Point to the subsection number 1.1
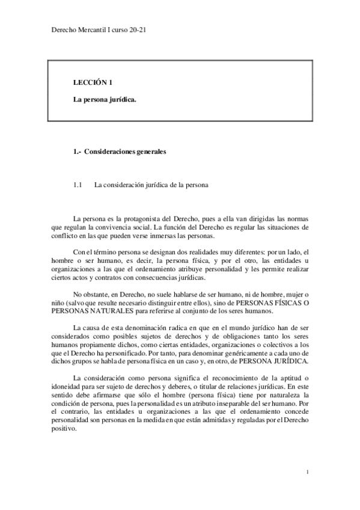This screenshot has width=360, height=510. point(77,185)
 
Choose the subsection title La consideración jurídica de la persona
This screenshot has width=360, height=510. point(151,185)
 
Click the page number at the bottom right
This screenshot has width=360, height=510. point(307,473)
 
